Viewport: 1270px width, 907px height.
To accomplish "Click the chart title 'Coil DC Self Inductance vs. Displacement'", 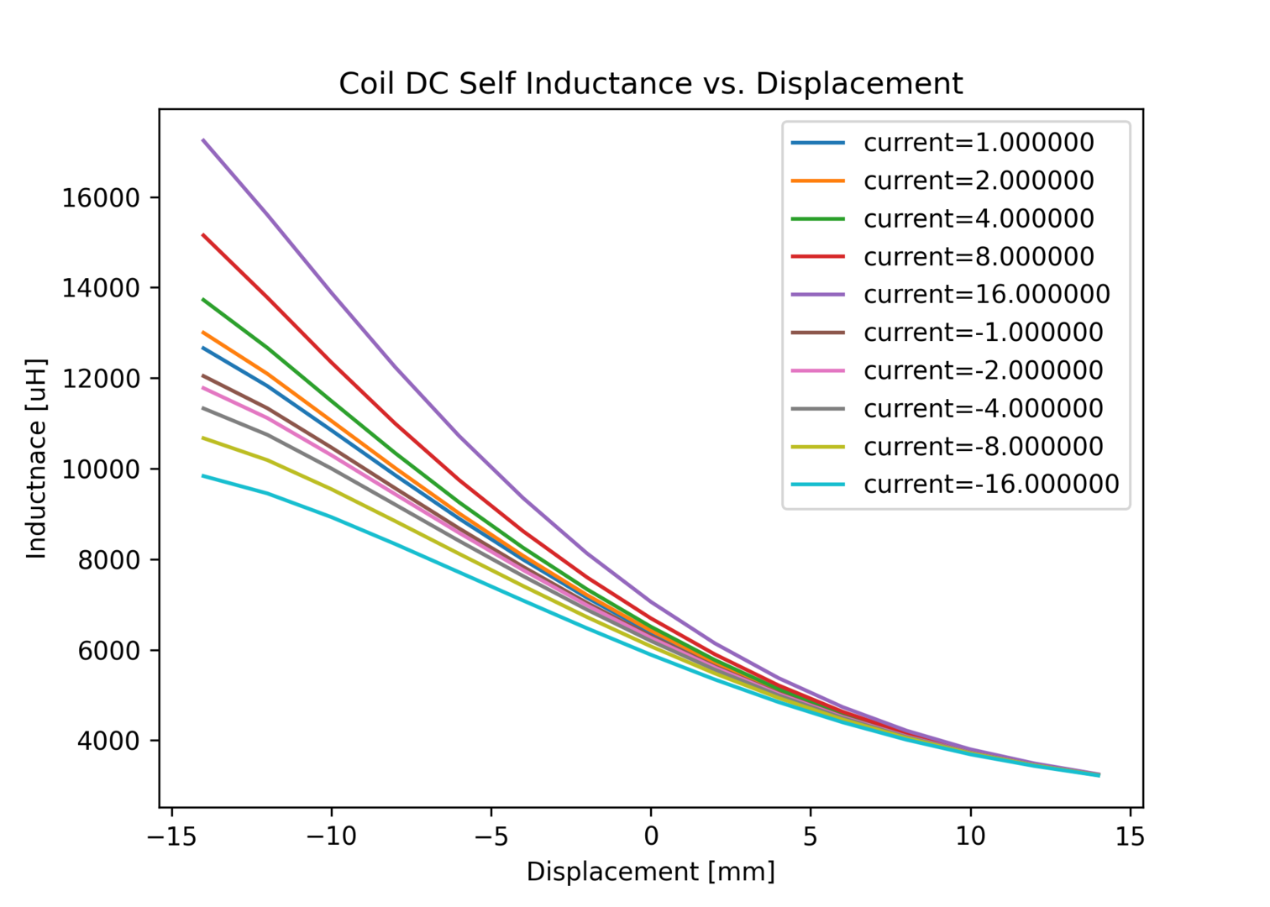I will [x=650, y=84].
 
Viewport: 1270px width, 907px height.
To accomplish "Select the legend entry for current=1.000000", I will [x=979, y=143].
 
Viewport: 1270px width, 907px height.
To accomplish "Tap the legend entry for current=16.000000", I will [x=986, y=295].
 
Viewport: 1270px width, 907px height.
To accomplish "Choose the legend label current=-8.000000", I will [x=983, y=447].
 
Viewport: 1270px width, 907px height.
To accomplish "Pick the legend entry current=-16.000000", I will [x=991, y=485].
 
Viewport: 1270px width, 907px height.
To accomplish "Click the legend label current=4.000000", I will [x=979, y=219].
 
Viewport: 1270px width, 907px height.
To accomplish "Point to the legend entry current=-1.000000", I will [x=983, y=333].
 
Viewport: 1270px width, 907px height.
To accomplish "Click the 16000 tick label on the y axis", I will [x=100, y=198].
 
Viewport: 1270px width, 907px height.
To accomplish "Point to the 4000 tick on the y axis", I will [x=108, y=742].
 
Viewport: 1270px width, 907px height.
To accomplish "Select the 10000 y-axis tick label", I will [x=100, y=469].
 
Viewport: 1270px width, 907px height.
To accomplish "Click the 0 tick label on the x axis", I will [x=651, y=836].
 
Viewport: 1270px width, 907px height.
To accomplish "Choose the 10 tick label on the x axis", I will [x=970, y=836].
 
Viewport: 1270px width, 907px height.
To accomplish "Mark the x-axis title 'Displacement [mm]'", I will [x=650, y=872].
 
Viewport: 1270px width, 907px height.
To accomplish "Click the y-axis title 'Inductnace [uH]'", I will [x=36, y=459].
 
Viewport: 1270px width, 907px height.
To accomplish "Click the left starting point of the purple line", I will [x=203, y=139].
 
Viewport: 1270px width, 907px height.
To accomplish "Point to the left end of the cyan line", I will [x=203, y=475].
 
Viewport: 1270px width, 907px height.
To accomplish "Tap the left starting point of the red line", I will [x=203, y=234].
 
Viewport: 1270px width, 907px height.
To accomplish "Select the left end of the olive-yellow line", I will [x=203, y=438].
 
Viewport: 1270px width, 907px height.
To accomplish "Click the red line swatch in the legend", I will [x=817, y=257].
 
